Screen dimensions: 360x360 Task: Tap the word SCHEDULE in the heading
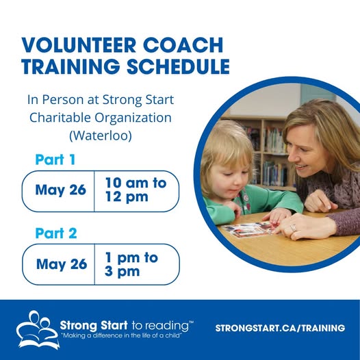click(178, 66)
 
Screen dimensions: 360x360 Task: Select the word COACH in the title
click(183, 44)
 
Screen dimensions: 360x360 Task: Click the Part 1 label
click(55, 159)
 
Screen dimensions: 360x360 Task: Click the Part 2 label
click(56, 233)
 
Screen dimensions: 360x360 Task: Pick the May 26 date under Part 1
click(61, 190)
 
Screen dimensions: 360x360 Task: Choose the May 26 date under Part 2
click(62, 264)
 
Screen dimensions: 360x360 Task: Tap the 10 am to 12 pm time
click(136, 190)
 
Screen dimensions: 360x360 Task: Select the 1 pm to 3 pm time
click(131, 264)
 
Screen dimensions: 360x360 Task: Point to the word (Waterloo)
click(101, 136)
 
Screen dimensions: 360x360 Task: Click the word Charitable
click(60, 118)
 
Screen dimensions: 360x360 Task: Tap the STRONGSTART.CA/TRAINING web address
click(280, 328)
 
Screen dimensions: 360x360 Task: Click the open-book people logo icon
click(38, 329)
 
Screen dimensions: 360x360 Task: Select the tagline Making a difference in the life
click(121, 335)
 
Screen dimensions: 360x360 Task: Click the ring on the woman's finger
click(293, 228)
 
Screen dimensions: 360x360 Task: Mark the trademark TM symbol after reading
click(191, 322)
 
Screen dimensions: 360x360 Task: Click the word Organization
click(133, 118)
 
